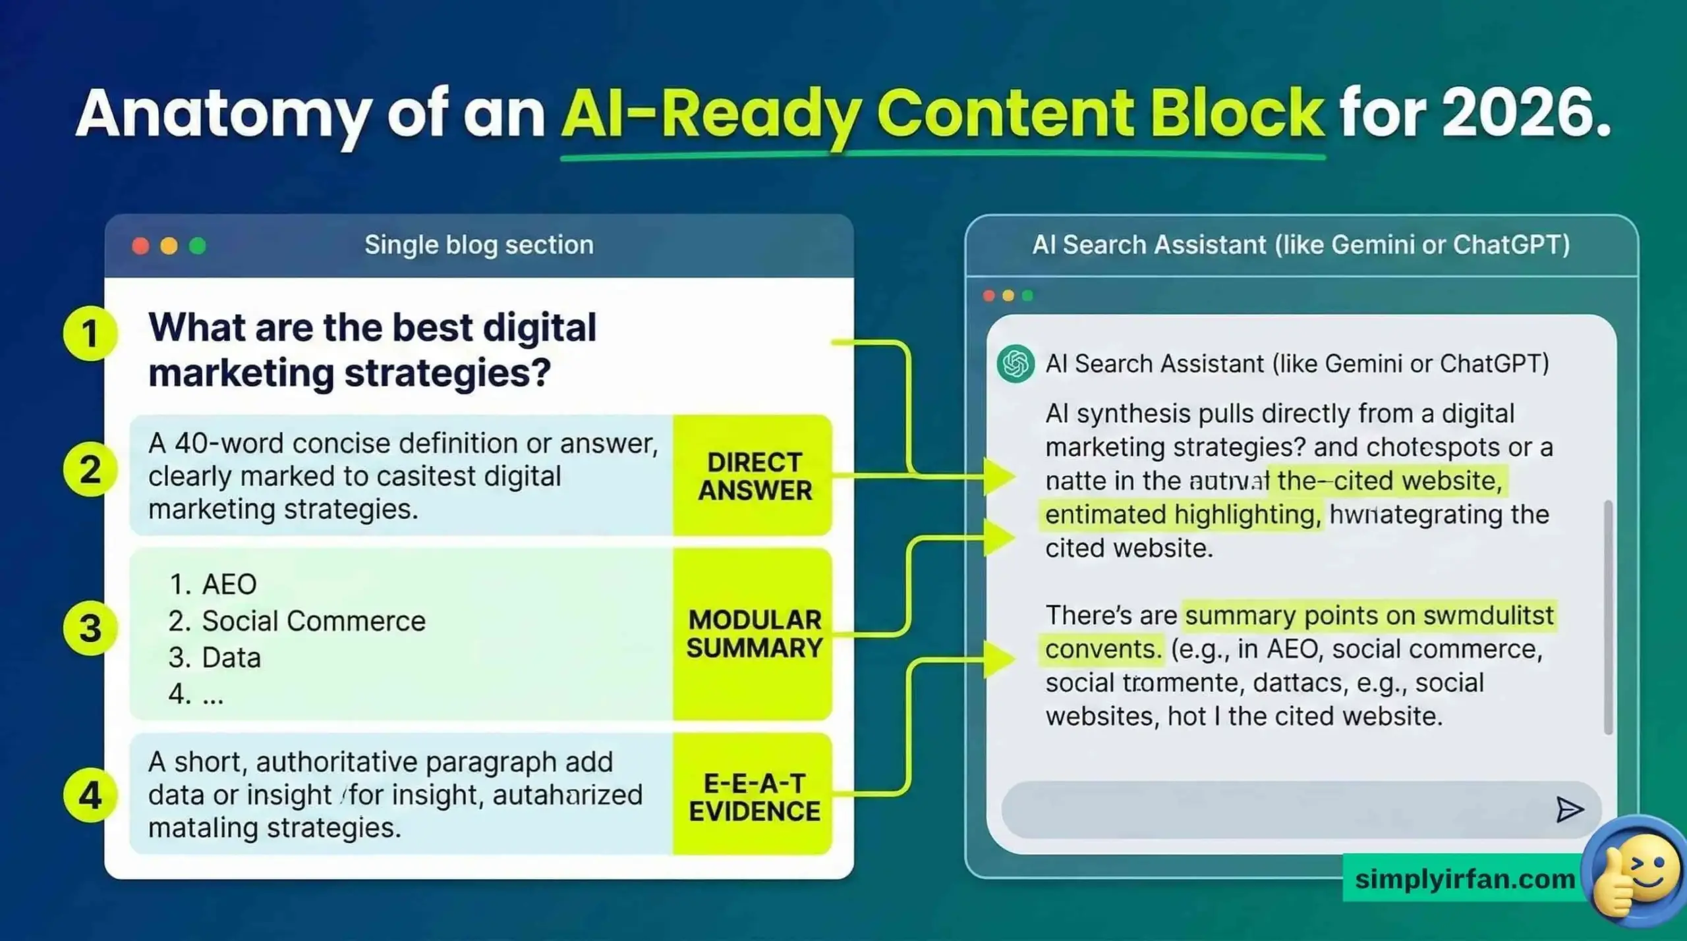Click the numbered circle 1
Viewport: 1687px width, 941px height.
click(90, 333)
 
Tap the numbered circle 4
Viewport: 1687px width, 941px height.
click(90, 795)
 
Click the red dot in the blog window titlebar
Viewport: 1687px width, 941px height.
click(140, 246)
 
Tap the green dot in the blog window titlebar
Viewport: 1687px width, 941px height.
click(198, 246)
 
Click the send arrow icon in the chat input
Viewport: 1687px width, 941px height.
click(1569, 809)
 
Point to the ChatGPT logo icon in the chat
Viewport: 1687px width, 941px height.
click(1015, 363)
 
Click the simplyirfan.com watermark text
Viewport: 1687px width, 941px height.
click(1464, 878)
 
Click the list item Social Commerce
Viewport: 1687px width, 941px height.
click(313, 621)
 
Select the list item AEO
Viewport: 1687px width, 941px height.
click(229, 584)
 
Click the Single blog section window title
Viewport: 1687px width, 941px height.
click(479, 245)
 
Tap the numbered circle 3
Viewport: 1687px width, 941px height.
click(90, 628)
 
